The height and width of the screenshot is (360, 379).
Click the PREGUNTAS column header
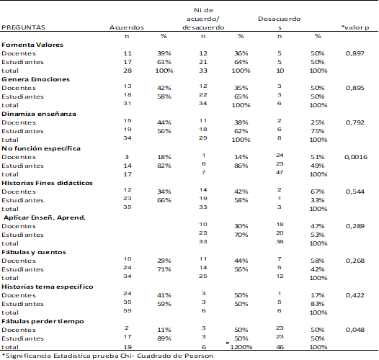pyautogui.click(x=23, y=27)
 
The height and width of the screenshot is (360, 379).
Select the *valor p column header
pyautogui.click(x=355, y=27)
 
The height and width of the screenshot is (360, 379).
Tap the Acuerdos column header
pyautogui.click(x=127, y=27)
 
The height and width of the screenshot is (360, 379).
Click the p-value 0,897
pyautogui.click(x=355, y=53)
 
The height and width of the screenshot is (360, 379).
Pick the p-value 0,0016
pyautogui.click(x=356, y=157)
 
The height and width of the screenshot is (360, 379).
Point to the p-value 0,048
pyautogui.click(x=355, y=330)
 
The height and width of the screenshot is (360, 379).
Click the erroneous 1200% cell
pyautogui.click(x=241, y=347)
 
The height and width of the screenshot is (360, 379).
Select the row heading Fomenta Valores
pyautogui.click(x=32, y=45)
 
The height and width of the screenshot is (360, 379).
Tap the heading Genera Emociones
pyautogui.click(x=35, y=79)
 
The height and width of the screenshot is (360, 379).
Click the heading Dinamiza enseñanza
pyautogui.click(x=39, y=114)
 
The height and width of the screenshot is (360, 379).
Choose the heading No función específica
pyautogui.click(x=41, y=148)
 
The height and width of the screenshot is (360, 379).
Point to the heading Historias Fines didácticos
pyautogui.click(x=47, y=183)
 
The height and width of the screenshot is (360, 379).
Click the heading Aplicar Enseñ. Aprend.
pyautogui.click(x=45, y=217)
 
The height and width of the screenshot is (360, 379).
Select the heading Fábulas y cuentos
pyautogui.click(x=34, y=252)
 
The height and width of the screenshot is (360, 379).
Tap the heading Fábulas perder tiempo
pyautogui.click(x=43, y=321)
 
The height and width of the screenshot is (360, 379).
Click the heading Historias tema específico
pyautogui.click(x=48, y=287)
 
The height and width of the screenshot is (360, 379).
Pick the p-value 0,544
pyautogui.click(x=355, y=192)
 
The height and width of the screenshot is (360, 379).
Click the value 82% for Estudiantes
pyautogui.click(x=164, y=166)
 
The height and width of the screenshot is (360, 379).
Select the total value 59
pyautogui.click(x=128, y=311)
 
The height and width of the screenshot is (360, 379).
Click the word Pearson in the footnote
pyautogui.click(x=199, y=356)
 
